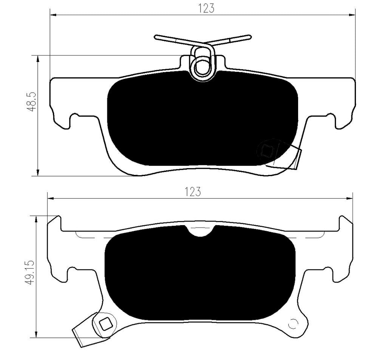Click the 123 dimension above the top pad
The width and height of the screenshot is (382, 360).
206,8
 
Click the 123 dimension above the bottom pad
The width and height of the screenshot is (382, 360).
193,192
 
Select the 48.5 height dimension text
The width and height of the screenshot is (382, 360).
32,102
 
